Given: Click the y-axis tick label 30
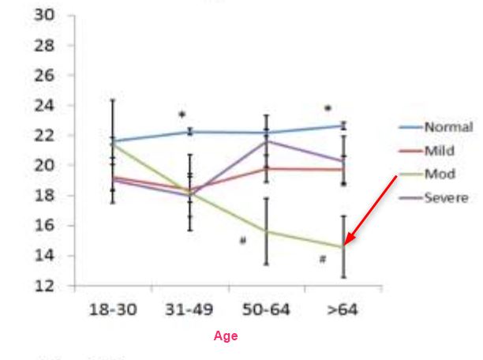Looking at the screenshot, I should pos(44,16).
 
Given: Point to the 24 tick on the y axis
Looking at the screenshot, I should pos(44,106).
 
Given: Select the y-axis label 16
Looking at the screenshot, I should pos(44,226).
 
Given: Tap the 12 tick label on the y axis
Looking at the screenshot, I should pos(44,286).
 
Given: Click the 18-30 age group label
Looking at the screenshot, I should pos(112,309).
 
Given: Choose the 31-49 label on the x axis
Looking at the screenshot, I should pos(189,309).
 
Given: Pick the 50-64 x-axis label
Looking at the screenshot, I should pos(266,309).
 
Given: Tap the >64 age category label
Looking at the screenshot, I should pos(343,309).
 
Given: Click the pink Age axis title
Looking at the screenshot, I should pos(226,336).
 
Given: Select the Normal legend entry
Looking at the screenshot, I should pos(447,126).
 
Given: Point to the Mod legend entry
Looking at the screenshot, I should pos(438,174).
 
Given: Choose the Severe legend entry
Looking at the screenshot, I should pos(446,197).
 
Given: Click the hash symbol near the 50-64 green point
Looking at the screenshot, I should pos(243,241).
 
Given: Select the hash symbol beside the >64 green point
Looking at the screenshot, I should pos(323,259).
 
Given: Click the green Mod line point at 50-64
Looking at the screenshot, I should pos(266,231).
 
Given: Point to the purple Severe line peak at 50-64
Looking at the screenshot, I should pos(266,141).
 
